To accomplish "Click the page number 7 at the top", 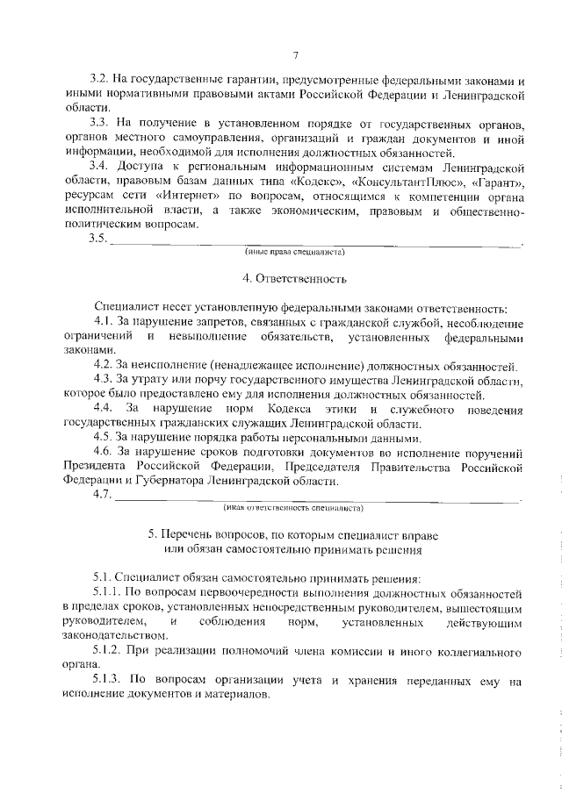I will [296, 56].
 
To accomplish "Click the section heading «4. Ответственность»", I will [295, 280].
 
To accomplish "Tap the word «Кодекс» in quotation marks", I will [321, 182].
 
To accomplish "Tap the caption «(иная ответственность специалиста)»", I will [294, 507].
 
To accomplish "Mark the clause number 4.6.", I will [104, 452].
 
